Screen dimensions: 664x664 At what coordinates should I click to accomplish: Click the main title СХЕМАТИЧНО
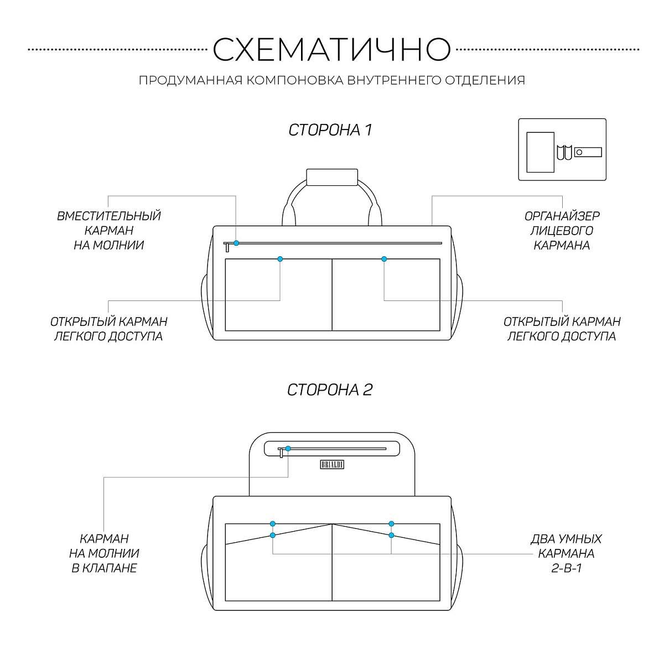(x=331, y=49)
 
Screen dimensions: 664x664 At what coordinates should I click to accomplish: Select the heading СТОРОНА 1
(x=330, y=130)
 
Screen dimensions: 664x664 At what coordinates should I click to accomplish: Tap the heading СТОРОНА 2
(x=330, y=390)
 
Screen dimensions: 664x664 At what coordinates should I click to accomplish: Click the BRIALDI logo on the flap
(x=332, y=464)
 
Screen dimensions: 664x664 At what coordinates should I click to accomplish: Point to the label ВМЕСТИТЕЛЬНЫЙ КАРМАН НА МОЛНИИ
(x=109, y=231)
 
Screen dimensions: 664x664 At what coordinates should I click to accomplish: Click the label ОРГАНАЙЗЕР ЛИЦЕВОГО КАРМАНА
(x=562, y=231)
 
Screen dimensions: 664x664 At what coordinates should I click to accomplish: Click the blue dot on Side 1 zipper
(x=236, y=243)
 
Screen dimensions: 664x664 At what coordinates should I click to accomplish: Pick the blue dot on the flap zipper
(x=288, y=449)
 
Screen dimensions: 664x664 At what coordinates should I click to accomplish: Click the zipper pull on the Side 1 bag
(x=227, y=247)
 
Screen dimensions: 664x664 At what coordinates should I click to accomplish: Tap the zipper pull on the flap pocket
(x=281, y=453)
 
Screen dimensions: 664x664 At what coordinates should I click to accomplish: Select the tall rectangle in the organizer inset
(x=540, y=152)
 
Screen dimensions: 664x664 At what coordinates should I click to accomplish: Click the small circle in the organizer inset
(x=579, y=152)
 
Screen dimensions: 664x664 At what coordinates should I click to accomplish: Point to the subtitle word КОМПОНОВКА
(x=295, y=80)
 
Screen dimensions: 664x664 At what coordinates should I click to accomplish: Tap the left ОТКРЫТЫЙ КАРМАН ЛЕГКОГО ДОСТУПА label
(x=109, y=329)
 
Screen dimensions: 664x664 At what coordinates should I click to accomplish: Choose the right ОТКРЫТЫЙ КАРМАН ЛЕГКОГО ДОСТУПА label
(x=562, y=329)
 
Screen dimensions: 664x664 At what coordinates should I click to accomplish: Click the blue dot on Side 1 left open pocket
(x=280, y=259)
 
